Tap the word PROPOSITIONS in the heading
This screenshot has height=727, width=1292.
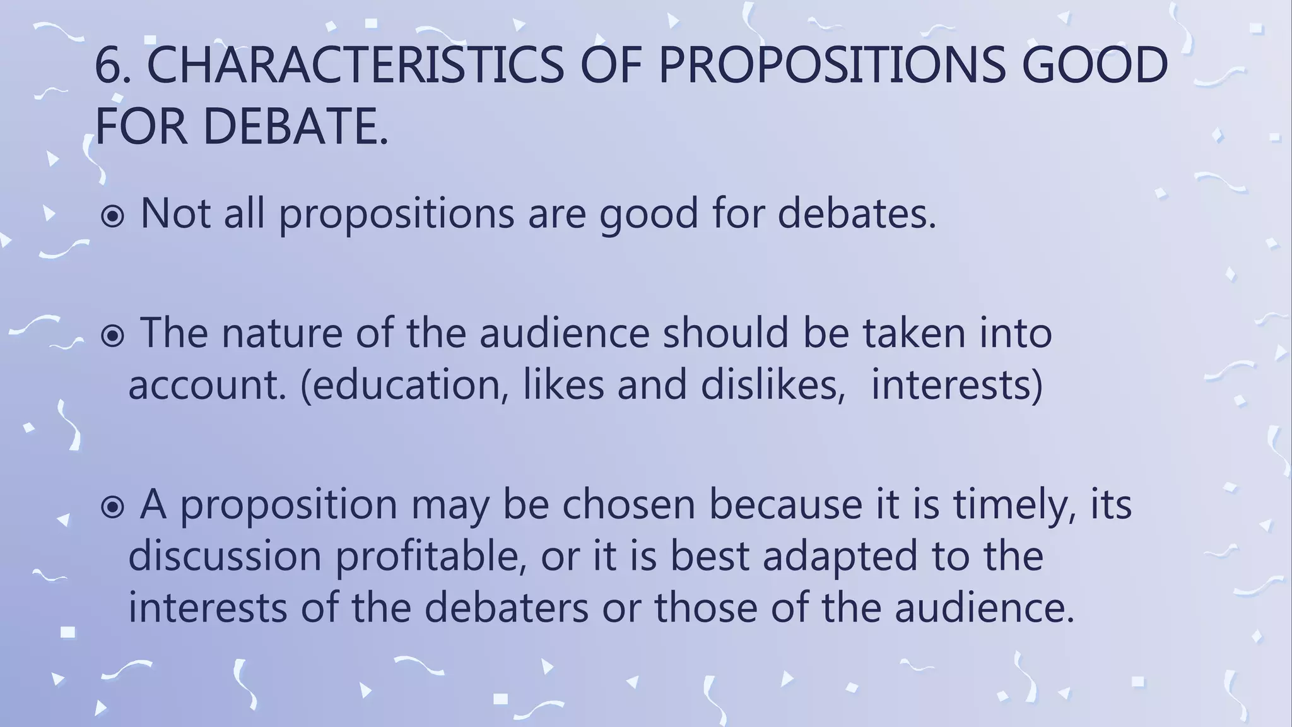coord(831,66)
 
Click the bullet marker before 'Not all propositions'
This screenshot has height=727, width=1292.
coord(113,217)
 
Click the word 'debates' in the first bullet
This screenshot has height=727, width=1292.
coord(856,213)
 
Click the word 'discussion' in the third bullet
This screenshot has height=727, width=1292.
coord(225,557)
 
